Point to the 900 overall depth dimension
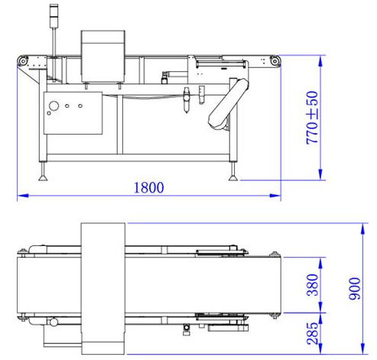[x=353, y=286]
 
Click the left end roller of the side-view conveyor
[x=24, y=61]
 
